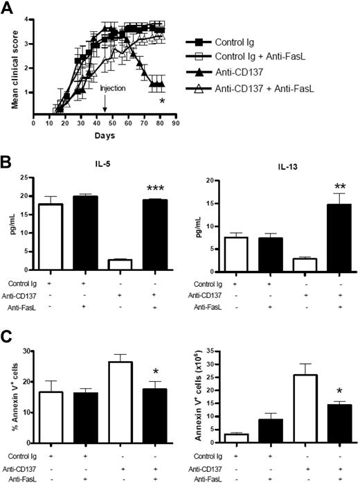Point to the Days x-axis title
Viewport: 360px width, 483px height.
[106, 135]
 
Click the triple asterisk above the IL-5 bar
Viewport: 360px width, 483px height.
[150, 188]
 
